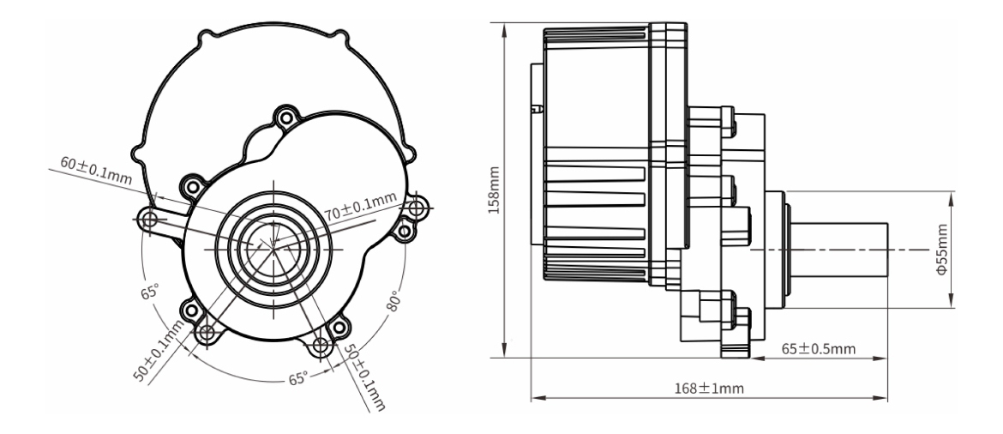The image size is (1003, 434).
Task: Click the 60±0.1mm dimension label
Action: (x=96, y=171)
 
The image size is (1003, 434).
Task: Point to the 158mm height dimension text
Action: (x=495, y=190)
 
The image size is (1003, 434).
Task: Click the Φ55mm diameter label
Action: (x=941, y=249)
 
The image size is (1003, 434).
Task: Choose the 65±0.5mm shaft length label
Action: (x=819, y=349)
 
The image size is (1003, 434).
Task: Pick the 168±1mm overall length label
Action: (x=710, y=388)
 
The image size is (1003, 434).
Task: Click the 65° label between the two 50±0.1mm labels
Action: (x=298, y=378)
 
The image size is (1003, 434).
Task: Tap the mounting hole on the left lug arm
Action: (x=150, y=220)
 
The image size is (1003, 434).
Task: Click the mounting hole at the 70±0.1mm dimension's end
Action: (x=417, y=208)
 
